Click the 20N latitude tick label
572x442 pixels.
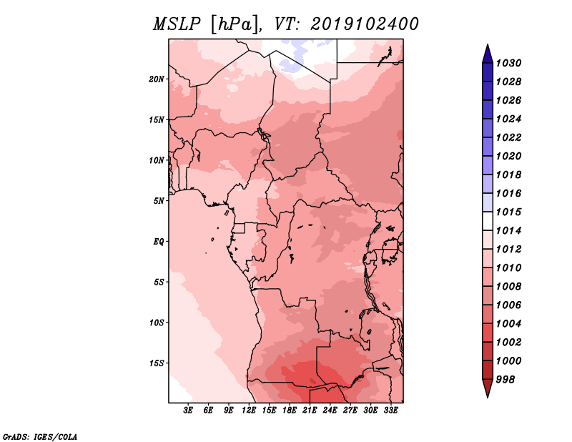157,79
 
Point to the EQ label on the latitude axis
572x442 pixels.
159,242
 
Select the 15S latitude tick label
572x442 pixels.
157,363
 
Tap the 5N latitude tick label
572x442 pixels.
159,201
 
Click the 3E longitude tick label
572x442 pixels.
188,411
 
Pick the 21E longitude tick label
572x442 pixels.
310,411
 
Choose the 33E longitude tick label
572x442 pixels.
390,411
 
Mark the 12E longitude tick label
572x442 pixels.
249,411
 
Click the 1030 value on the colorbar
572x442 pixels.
509,63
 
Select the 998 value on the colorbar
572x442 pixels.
506,380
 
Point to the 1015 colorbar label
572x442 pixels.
509,212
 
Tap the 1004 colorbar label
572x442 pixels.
509,324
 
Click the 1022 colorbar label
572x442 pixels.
509,137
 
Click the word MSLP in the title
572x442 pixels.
177,24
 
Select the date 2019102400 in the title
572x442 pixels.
365,24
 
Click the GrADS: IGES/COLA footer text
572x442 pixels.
40,437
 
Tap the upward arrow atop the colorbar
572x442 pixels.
488,54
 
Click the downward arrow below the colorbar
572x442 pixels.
488,388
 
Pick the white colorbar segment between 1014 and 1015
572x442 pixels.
488,221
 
